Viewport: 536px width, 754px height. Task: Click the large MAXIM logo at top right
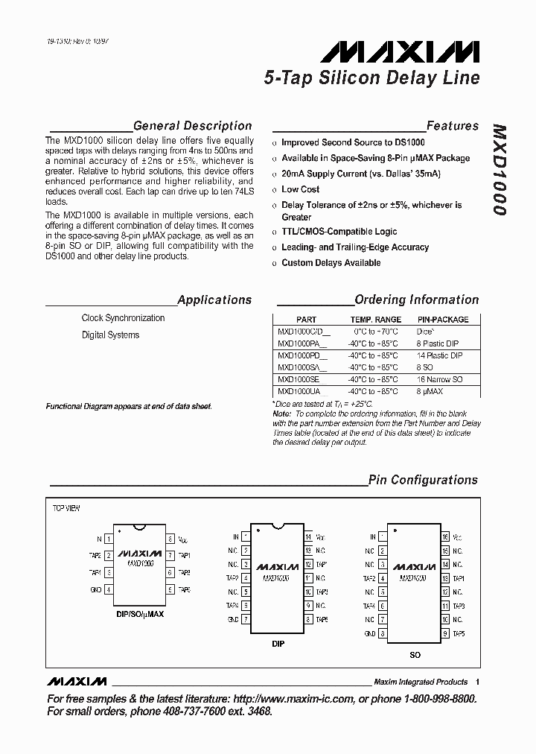coord(400,51)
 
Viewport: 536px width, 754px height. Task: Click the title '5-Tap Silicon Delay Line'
coord(372,77)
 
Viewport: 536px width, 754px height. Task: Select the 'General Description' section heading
coord(192,126)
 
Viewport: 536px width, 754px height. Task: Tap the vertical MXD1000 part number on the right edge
coord(500,170)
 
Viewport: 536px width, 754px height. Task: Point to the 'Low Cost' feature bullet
coord(300,189)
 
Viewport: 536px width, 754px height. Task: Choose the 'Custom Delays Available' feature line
coord(331,263)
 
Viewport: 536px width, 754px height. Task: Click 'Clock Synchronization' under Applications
coord(123,318)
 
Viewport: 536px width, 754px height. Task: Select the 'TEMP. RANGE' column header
coord(376,320)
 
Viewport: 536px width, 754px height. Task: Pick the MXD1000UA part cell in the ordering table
coord(298,391)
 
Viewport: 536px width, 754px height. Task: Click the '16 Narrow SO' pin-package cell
coord(439,379)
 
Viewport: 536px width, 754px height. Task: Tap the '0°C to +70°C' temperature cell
coord(376,332)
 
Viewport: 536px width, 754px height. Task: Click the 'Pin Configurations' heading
coord(423,481)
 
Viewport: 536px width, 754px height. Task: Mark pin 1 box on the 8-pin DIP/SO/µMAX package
coord(109,539)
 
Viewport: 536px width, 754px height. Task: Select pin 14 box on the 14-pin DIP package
coord(308,536)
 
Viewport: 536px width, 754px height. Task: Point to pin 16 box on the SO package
coord(445,536)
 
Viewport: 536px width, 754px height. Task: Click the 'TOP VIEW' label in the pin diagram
coord(66,508)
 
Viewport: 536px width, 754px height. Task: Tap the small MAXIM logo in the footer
coord(77,682)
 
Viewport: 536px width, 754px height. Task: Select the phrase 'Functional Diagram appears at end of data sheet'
coord(129,406)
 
